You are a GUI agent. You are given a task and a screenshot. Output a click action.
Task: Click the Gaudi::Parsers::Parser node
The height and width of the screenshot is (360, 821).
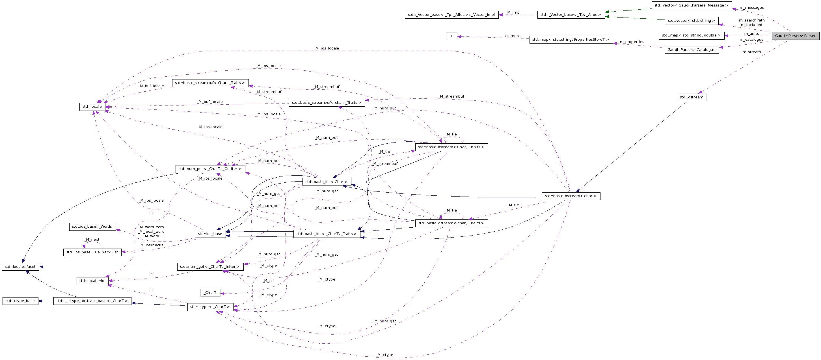pos(795,36)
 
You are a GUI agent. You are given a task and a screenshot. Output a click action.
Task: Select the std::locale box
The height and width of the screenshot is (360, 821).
pos(92,107)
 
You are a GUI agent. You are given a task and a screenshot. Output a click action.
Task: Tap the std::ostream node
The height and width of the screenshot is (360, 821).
pos(691,97)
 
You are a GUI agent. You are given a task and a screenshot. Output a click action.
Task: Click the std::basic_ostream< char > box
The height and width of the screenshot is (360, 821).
pos(571,196)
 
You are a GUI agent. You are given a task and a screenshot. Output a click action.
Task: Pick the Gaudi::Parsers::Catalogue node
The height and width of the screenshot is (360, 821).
pos(691,50)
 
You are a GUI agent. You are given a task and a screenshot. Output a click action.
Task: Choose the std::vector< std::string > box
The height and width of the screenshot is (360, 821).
pos(691,21)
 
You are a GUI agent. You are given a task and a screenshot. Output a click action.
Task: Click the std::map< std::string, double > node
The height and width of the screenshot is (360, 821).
pos(691,35)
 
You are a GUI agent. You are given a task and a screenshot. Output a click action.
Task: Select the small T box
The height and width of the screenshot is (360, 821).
pos(451,36)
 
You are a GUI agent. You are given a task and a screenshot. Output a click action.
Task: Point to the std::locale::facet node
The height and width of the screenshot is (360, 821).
pos(20,267)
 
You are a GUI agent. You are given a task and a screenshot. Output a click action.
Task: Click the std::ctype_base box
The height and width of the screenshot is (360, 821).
pos(20,301)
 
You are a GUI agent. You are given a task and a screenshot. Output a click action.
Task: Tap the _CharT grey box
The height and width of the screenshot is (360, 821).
pos(210,293)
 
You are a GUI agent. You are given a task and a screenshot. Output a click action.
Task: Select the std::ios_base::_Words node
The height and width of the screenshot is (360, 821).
pos(92,227)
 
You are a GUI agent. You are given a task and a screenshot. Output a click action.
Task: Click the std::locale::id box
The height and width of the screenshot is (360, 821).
pos(92,281)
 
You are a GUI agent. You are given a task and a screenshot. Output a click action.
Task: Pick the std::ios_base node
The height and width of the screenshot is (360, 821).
pos(210,234)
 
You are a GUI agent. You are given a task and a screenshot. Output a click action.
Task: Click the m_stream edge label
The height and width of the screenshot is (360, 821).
pos(751,52)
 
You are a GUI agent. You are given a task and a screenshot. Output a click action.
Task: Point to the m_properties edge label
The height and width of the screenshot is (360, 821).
pos(632,42)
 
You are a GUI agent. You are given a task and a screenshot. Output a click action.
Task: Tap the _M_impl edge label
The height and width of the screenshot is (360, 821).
pos(513,12)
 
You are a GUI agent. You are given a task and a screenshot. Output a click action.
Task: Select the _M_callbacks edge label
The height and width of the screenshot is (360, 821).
pos(151,245)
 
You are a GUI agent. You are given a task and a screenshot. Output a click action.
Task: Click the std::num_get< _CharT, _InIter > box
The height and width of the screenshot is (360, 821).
pos(210,267)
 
